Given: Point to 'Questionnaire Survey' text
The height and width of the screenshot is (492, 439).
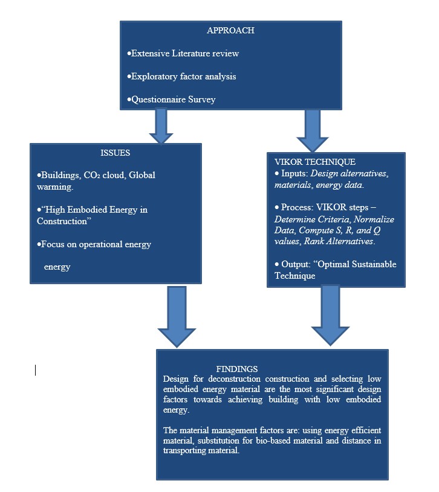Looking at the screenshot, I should [171, 99].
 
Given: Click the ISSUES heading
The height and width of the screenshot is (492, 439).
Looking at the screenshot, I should [115, 153].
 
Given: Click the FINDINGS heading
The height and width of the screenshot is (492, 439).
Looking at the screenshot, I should [237, 368].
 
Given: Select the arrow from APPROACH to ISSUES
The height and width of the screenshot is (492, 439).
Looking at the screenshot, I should [161, 126].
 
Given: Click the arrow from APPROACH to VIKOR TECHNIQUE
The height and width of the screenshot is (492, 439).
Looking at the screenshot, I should [313, 130].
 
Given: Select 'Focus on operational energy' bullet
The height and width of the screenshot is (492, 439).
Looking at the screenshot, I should [96, 244].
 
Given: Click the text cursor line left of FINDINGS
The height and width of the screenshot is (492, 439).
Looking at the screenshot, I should [35, 370].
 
